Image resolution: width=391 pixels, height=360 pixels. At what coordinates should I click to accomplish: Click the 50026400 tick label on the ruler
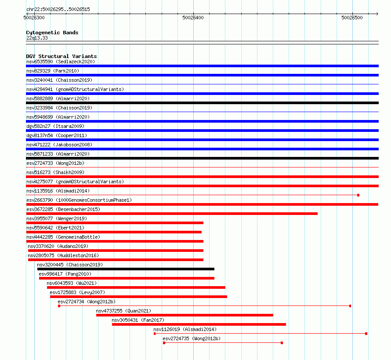[193, 18]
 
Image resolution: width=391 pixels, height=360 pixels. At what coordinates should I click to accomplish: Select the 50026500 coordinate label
[352, 18]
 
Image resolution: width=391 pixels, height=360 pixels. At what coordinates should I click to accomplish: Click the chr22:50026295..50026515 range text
[58, 9]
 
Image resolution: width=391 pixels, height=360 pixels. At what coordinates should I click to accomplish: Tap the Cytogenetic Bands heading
[52, 33]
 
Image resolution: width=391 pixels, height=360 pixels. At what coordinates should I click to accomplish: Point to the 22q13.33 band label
[37, 38]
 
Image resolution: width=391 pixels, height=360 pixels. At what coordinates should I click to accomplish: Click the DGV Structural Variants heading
[61, 56]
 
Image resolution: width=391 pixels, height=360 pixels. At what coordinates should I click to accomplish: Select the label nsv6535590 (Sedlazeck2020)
[60, 62]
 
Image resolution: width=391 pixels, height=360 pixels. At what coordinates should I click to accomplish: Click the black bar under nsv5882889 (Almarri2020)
[202, 103]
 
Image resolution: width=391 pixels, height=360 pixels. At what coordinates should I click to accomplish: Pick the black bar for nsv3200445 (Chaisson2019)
[126, 269]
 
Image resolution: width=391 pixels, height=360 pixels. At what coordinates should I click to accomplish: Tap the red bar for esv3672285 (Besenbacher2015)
[172, 214]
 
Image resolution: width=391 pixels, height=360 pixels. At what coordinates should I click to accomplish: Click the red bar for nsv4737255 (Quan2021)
[185, 315]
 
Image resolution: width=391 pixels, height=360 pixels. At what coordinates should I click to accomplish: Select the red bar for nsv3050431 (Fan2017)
[199, 324]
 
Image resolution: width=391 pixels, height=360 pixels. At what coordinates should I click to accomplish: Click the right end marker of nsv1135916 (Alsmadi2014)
[358, 195]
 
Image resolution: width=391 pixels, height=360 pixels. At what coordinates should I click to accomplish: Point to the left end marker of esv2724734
[59, 306]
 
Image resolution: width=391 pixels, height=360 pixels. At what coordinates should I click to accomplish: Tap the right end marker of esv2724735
[282, 343]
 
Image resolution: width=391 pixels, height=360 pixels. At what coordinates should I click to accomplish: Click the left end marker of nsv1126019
[155, 334]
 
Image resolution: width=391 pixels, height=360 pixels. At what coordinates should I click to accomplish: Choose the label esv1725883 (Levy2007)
[77, 292]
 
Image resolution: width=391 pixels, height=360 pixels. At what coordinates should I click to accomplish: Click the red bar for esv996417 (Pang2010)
[127, 278]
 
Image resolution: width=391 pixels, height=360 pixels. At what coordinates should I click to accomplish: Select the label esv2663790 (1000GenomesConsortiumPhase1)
[79, 200]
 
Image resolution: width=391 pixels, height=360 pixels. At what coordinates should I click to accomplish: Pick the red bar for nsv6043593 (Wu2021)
[136, 287]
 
